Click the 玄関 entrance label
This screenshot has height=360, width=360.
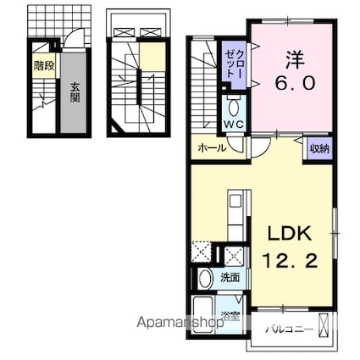click(75, 92)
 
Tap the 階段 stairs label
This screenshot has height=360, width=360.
click(44, 66)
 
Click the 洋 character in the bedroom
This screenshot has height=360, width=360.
click(295, 59)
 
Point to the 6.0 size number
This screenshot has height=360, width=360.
click(295, 83)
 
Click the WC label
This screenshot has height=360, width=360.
click(234, 124)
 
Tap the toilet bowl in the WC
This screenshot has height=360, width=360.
click(234, 108)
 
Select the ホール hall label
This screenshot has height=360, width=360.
click(212, 147)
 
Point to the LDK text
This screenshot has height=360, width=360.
click(290, 233)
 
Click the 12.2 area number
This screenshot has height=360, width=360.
click(291, 260)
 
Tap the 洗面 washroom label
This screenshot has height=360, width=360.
click(230, 278)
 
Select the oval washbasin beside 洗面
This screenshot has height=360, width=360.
click(205, 279)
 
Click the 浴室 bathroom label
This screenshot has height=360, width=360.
click(230, 317)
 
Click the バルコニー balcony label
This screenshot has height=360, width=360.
click(290, 330)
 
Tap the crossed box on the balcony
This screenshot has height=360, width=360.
click(324, 325)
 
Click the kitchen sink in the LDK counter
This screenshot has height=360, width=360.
click(235, 202)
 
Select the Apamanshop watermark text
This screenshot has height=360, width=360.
click(180, 322)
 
